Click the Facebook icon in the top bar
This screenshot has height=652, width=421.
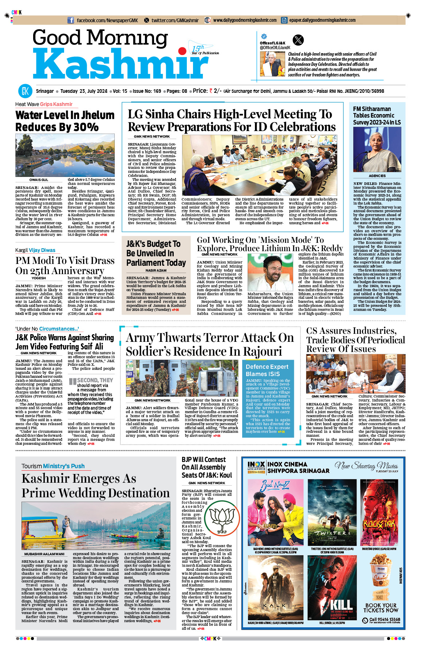[x=71, y=20]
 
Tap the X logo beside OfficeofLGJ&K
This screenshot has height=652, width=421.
[x=298, y=40]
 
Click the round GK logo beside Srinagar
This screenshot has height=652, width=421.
[x=25, y=91]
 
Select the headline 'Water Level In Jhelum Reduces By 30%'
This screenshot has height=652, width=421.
[x=65, y=121]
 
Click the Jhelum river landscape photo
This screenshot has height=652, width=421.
[x=65, y=155]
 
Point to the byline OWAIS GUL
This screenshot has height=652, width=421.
[x=39, y=180]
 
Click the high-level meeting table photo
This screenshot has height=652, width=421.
[x=259, y=166]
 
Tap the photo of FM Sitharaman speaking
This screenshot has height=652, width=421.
[x=377, y=150]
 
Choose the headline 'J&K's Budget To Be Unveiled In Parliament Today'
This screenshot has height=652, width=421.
[x=156, y=253]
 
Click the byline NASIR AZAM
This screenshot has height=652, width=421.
[x=156, y=270]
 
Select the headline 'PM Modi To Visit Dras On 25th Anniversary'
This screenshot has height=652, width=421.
[x=65, y=265]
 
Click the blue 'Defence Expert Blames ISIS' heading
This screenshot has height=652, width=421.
[x=267, y=370]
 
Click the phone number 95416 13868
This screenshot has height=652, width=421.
[x=385, y=619]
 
